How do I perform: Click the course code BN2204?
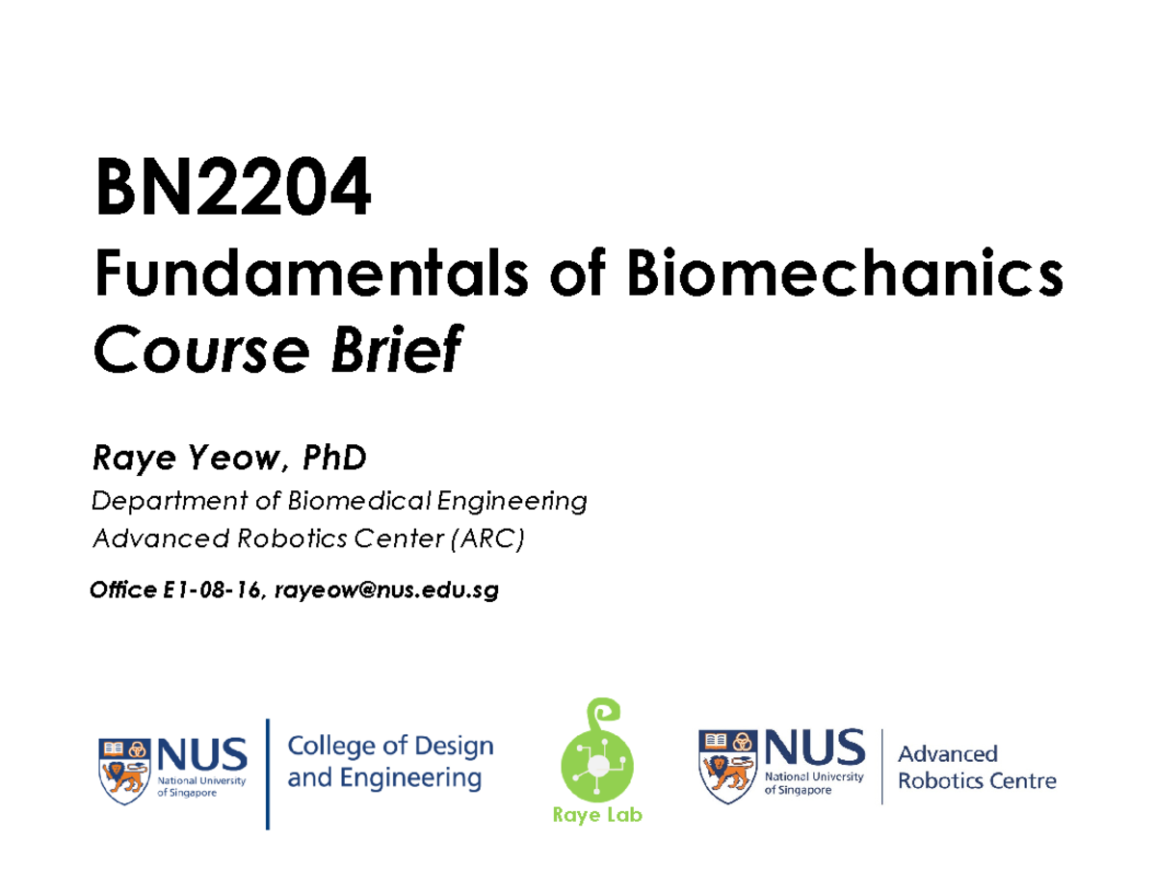tap(231, 192)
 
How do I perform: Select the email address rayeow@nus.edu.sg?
tap(386, 591)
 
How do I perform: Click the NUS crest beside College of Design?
tap(125, 767)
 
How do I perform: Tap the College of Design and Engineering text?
tap(390, 761)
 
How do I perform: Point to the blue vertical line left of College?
tap(267, 773)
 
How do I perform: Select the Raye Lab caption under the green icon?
tap(596, 816)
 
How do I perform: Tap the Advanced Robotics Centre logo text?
tap(976, 767)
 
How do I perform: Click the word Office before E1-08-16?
tap(119, 591)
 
